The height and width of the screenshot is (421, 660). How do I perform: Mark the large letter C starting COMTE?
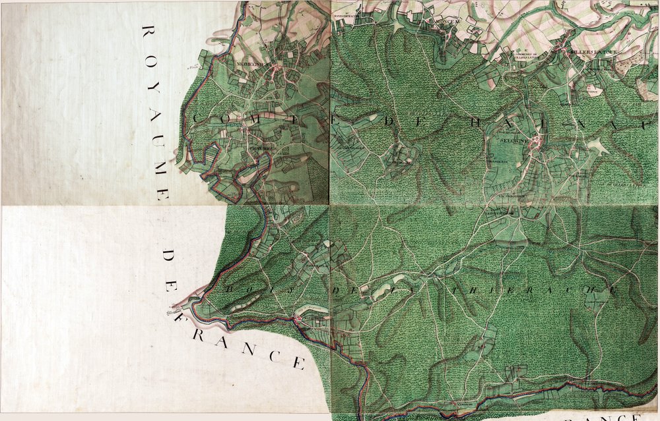(199, 117)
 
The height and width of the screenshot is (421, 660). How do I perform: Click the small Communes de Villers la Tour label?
(528, 55)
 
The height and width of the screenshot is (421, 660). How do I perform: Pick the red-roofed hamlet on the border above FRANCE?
(300, 320)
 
